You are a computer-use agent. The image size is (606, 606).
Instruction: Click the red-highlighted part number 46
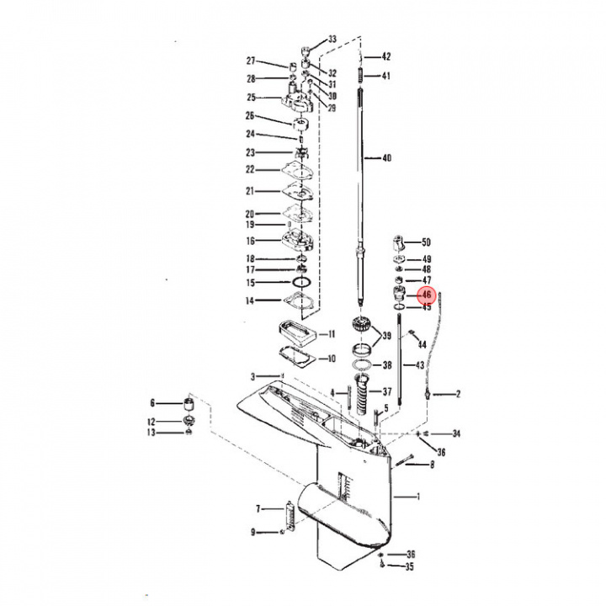tap(427, 295)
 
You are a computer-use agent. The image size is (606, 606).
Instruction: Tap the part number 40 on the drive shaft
tap(386, 158)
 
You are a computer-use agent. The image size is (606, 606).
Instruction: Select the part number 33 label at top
tap(332, 40)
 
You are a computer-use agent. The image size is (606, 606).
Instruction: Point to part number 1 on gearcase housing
tap(418, 497)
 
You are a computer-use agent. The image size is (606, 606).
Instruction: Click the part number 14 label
tap(249, 300)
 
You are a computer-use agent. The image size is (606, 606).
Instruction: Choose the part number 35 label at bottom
tap(410, 567)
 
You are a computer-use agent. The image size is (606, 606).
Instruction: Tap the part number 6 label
tap(153, 402)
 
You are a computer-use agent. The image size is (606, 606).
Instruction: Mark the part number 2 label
tap(458, 394)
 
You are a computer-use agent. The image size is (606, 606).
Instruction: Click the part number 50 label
tap(426, 242)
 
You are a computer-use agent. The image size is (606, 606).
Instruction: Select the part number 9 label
tap(252, 531)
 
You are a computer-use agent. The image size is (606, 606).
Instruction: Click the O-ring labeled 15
tap(300, 282)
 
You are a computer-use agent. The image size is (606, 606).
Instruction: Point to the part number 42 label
tap(386, 57)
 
